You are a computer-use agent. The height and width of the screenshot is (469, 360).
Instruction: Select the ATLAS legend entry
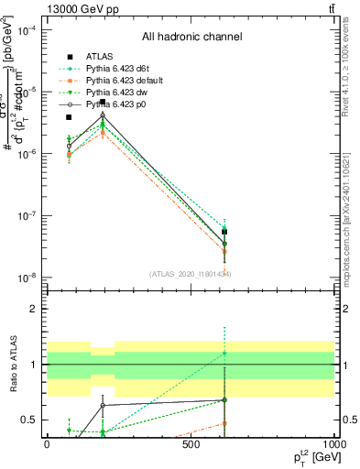(97, 57)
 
